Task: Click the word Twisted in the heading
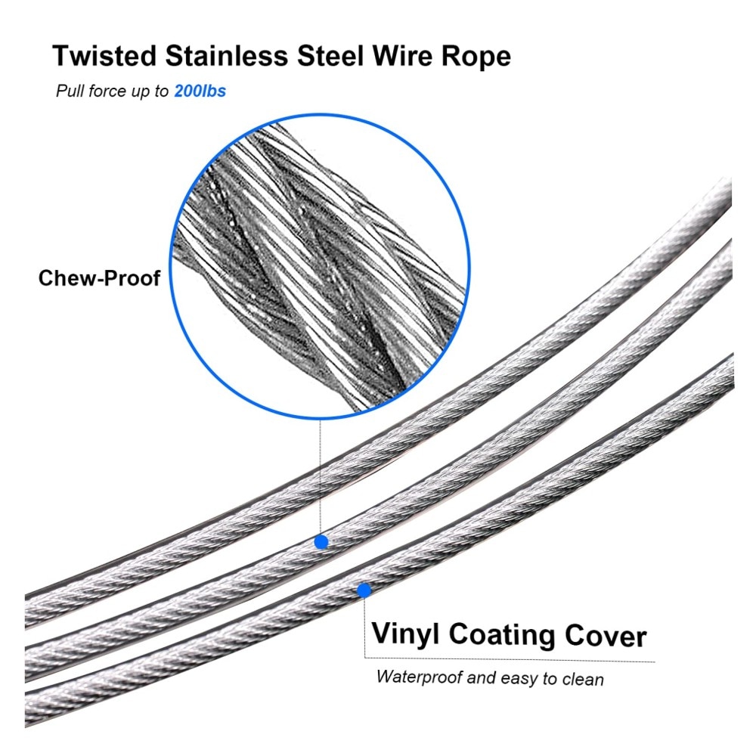(104, 55)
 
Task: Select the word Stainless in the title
(227, 55)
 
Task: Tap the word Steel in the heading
(330, 55)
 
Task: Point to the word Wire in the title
(403, 55)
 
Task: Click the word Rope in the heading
(476, 57)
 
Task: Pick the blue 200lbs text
(200, 91)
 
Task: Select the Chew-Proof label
(99, 277)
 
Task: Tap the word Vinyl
(405, 635)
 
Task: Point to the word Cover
(606, 637)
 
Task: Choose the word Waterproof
(420, 677)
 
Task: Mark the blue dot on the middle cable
(321, 542)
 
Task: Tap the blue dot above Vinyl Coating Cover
(364, 590)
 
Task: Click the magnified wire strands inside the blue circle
(320, 266)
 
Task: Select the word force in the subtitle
(107, 91)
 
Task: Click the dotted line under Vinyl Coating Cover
(510, 659)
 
